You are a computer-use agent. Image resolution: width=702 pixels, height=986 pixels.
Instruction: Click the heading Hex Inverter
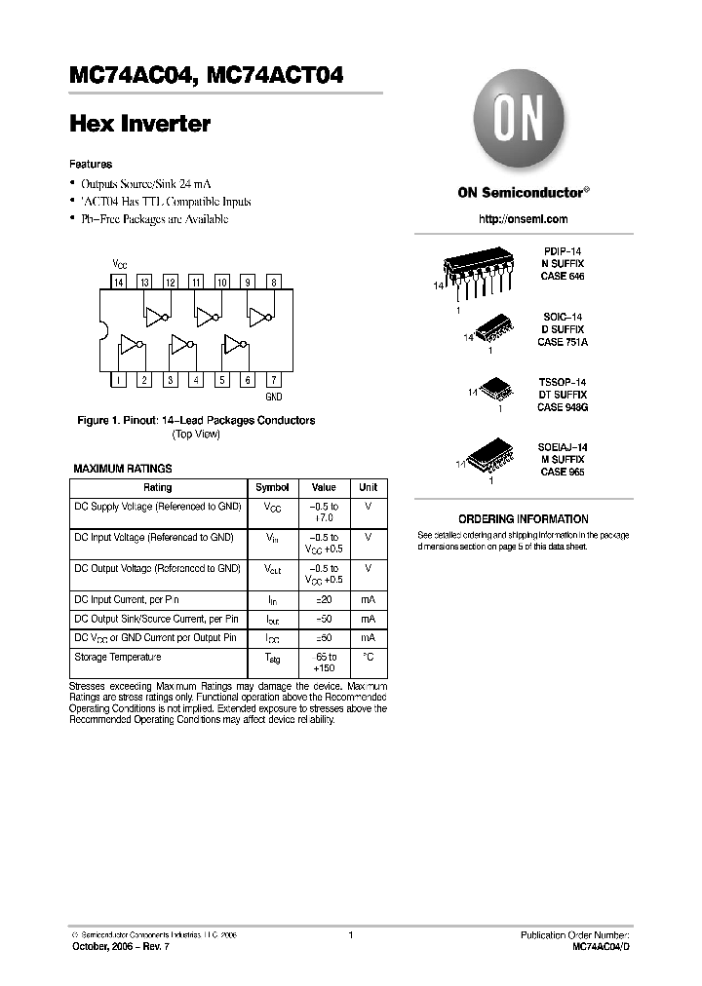click(x=140, y=125)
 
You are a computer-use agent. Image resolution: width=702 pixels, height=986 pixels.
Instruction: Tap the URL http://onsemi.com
click(x=523, y=219)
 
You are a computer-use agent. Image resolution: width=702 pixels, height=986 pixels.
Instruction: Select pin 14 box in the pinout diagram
click(x=118, y=282)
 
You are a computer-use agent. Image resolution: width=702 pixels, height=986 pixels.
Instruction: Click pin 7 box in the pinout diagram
click(x=274, y=380)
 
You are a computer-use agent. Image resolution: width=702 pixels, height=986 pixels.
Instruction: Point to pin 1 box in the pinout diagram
click(x=118, y=380)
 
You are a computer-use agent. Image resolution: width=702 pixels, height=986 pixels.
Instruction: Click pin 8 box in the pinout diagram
click(x=274, y=282)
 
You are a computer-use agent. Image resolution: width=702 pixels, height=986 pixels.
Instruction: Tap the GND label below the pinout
click(x=274, y=398)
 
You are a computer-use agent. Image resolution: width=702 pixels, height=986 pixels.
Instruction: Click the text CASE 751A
click(x=563, y=342)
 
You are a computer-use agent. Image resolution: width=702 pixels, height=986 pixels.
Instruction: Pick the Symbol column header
click(x=272, y=487)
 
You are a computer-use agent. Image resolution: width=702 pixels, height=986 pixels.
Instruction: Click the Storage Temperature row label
click(x=118, y=657)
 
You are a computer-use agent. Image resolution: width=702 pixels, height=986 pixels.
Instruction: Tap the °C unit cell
click(x=368, y=657)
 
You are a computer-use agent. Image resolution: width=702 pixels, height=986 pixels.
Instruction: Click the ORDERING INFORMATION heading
click(x=523, y=519)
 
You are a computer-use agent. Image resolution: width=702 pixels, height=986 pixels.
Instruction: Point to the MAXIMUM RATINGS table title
click(x=123, y=469)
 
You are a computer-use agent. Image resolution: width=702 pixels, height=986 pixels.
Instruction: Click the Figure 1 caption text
click(x=196, y=420)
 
